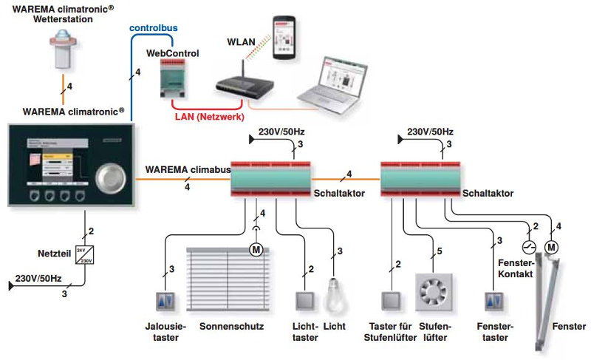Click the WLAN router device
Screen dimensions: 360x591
(x=241, y=85)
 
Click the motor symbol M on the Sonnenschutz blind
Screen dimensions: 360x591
(x=256, y=249)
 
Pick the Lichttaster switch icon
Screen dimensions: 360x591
(x=304, y=302)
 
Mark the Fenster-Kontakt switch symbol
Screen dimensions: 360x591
(x=527, y=247)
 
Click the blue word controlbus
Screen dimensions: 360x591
(x=153, y=27)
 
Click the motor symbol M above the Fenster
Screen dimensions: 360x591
(x=551, y=246)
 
